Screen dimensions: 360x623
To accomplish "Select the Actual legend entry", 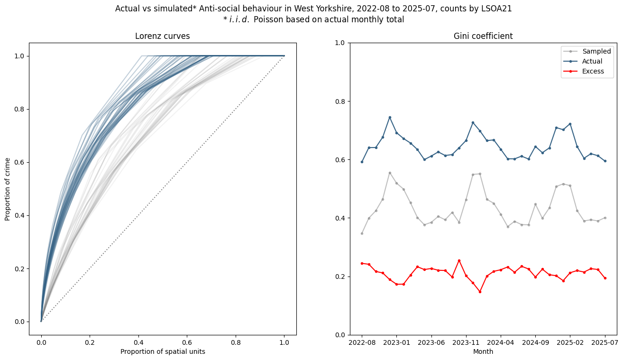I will (592, 61).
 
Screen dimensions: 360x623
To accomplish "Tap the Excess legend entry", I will (593, 71).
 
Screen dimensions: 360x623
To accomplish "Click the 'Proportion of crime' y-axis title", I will (8, 189).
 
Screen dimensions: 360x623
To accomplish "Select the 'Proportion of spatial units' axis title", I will (163, 351).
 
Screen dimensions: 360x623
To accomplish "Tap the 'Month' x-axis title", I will (483, 351).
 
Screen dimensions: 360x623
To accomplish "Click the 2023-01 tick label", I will (396, 342).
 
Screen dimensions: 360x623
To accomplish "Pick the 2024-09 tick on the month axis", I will (535, 342).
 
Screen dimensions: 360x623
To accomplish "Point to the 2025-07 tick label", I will (605, 342).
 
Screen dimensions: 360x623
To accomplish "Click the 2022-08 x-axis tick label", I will (362, 342).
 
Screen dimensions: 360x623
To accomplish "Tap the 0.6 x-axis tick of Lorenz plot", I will (187, 342).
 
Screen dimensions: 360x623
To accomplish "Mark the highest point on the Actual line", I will (390, 117).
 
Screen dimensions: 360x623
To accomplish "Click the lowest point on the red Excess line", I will (480, 292).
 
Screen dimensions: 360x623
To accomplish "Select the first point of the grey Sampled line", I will (362, 233).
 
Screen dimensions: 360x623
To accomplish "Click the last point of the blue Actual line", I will (605, 161).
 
